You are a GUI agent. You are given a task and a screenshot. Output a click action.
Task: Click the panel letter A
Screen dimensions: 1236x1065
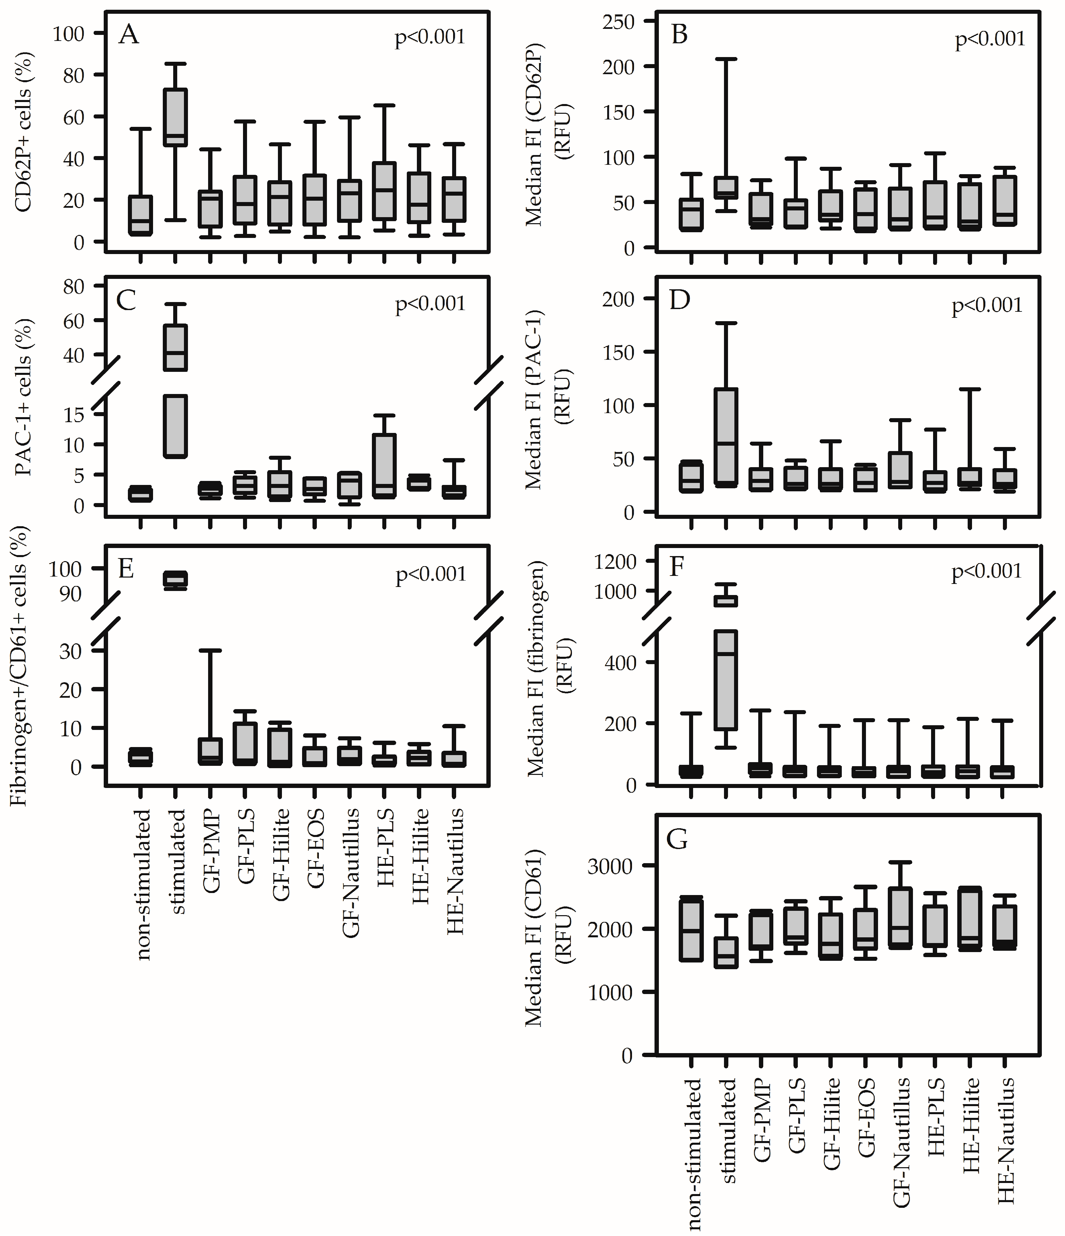pos(129,35)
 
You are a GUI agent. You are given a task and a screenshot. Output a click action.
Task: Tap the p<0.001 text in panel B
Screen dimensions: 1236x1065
pos(990,39)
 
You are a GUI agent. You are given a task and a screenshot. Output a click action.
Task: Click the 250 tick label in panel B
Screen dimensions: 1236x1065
pos(619,22)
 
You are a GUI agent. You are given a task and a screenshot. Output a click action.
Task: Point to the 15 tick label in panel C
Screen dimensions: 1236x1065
pos(75,414)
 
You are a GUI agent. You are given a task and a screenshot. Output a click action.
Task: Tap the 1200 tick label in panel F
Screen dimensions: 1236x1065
pos(615,561)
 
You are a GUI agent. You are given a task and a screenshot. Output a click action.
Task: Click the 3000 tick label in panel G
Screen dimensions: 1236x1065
pos(610,866)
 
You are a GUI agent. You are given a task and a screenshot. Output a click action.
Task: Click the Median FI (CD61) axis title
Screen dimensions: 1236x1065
pos(534,937)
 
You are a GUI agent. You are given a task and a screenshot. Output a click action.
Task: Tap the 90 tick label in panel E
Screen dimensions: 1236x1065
pos(70,594)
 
